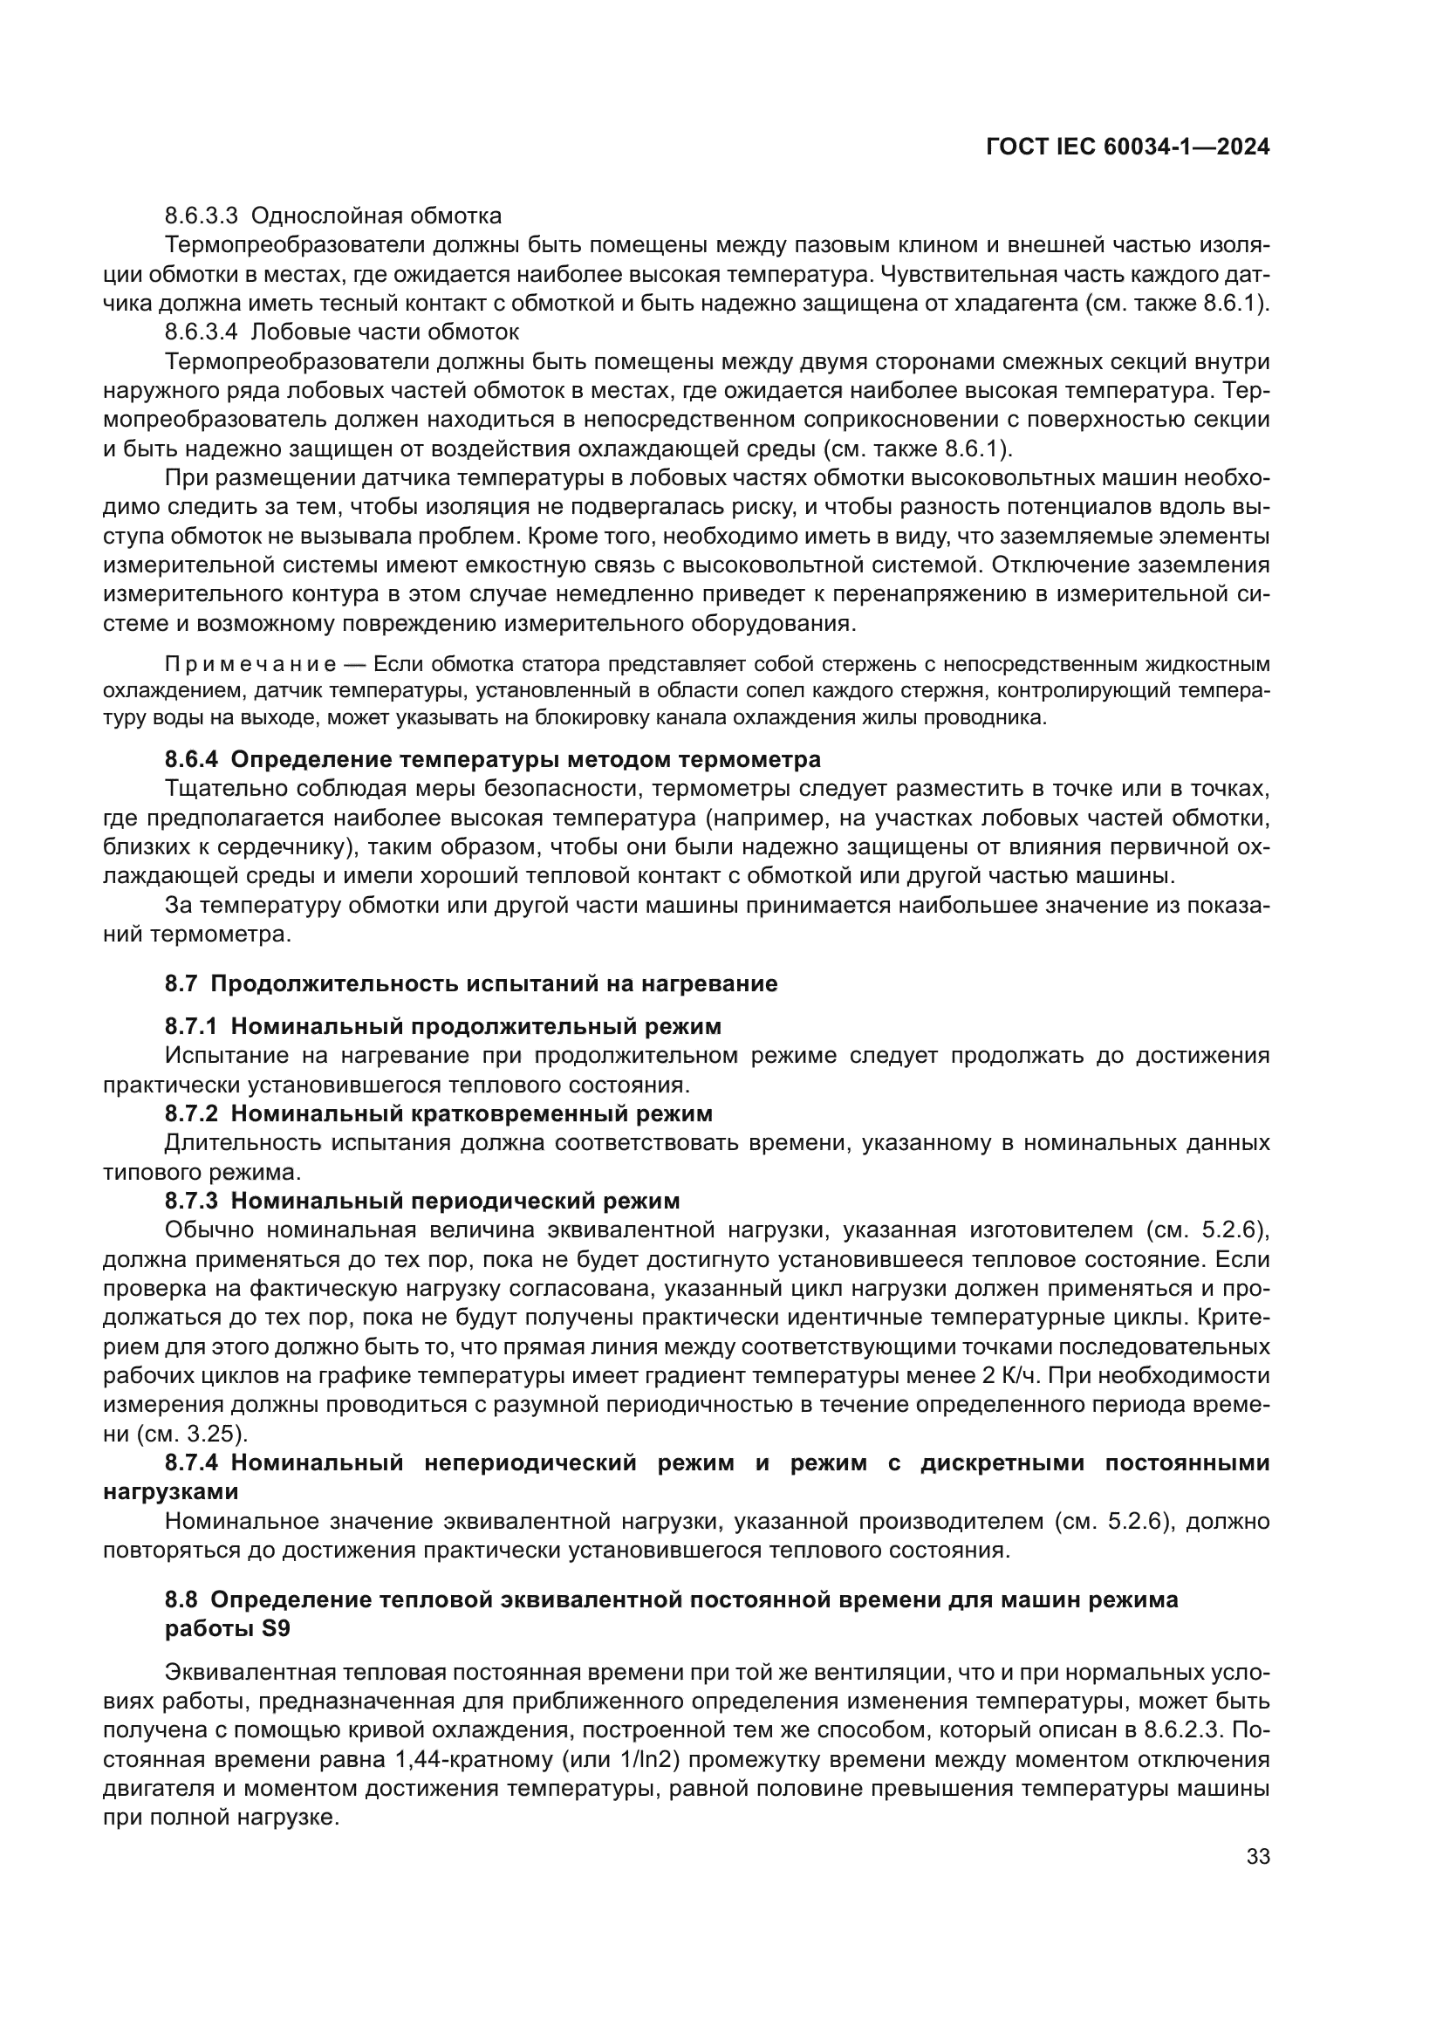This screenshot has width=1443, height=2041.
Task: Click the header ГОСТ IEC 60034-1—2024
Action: coord(1126,147)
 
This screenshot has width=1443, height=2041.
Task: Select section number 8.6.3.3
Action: coord(201,216)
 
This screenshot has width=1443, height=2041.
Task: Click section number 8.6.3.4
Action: coord(201,332)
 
